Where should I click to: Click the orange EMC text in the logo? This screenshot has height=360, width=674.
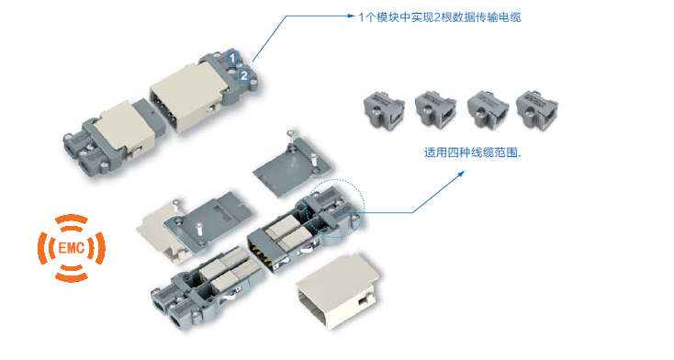pos(72,248)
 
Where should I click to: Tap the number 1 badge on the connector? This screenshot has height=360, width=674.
pos(232,58)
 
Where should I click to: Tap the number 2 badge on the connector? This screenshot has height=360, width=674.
pos(243,75)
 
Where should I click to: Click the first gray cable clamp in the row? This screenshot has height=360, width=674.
pos(384,110)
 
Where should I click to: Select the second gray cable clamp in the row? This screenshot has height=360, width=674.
pos(435,109)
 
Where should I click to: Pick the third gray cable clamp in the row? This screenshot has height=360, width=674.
pos(488,109)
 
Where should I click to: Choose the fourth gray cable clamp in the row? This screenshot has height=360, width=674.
pos(537,109)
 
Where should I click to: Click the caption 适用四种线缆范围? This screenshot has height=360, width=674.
pos(472,152)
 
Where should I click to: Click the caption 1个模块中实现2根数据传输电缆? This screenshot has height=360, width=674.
pos(440,17)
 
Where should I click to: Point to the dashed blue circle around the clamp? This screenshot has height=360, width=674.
pos(335,180)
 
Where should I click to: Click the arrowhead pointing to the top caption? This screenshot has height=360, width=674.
pos(351,16)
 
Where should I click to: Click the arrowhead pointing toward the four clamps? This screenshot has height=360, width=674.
pos(461,174)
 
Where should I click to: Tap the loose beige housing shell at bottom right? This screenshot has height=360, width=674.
pos(338,291)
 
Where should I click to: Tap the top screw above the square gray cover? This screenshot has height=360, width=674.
pos(291,136)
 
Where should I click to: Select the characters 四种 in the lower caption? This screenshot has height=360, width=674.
pos(459,152)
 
